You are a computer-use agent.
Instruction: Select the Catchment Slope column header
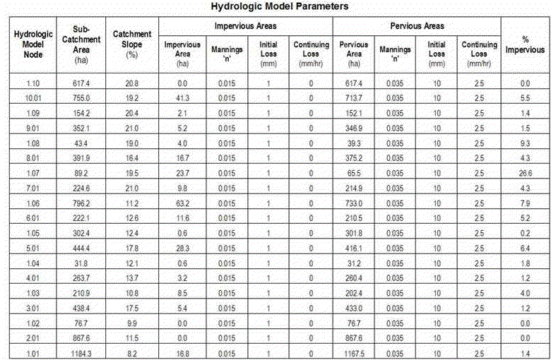tap(131, 44)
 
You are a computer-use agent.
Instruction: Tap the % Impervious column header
tap(525, 44)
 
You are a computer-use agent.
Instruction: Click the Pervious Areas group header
tap(417, 25)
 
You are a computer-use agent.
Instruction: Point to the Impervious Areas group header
tap(245, 25)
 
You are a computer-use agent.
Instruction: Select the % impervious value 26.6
tap(525, 173)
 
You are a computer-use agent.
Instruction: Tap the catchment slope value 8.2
tap(131, 352)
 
